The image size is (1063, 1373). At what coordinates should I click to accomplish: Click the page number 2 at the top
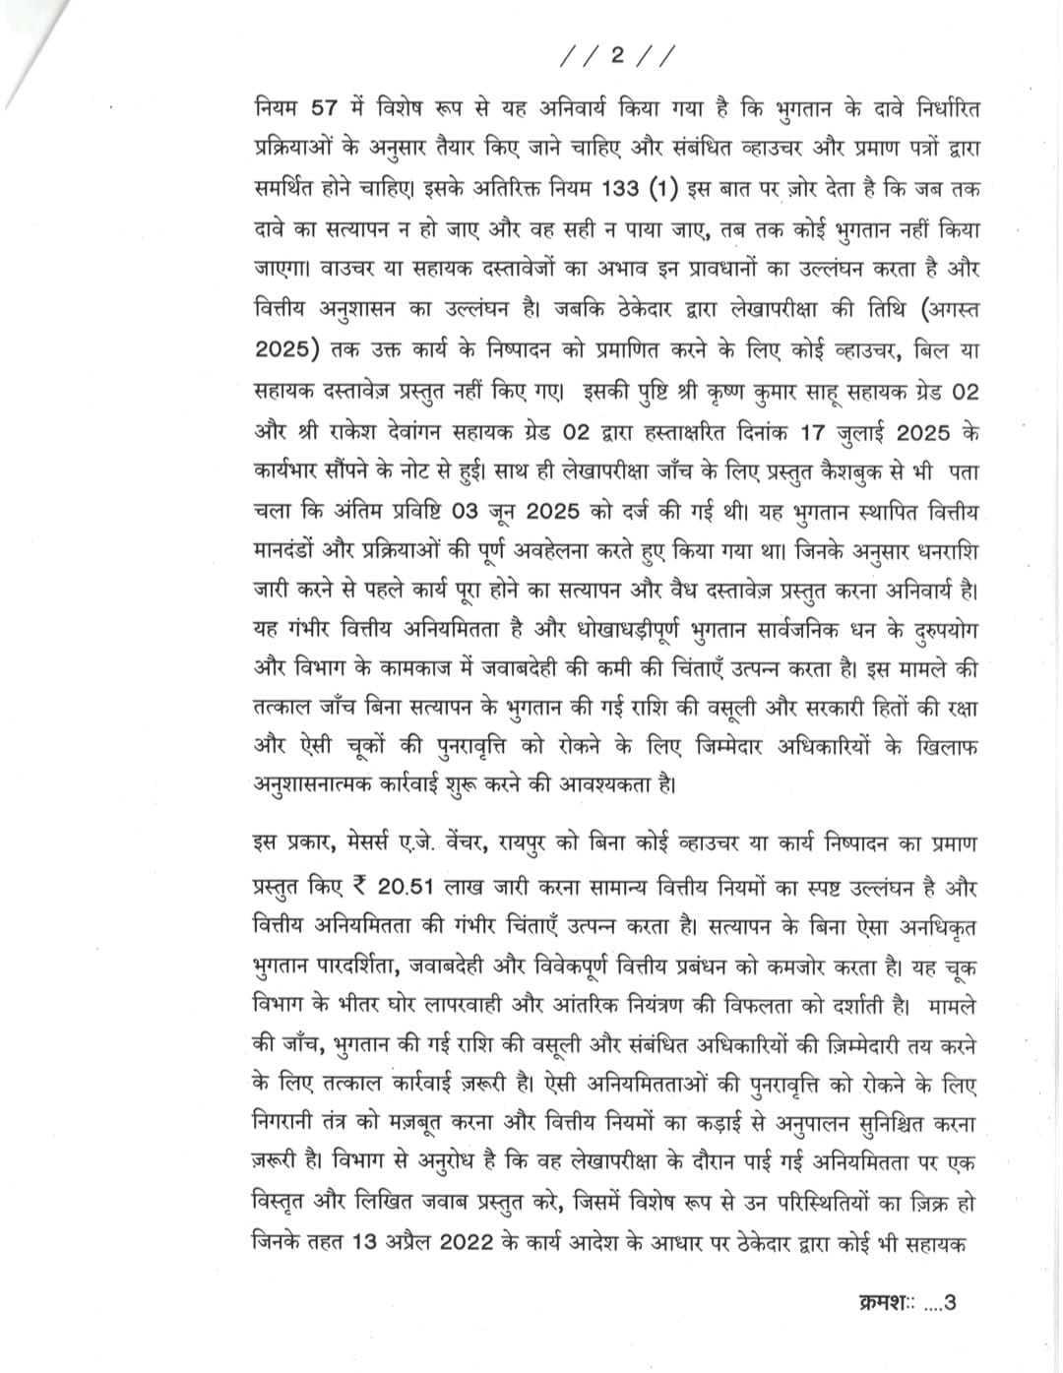click(617, 57)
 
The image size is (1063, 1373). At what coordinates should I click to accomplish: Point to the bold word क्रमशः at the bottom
click(882, 1304)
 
